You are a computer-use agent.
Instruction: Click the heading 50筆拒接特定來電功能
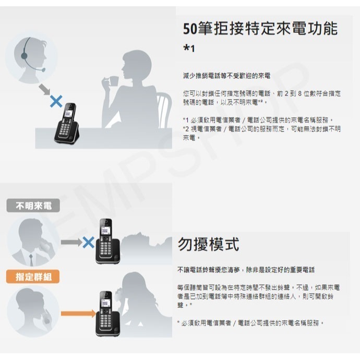pos(260,28)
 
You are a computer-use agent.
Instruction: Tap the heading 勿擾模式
pos(208,244)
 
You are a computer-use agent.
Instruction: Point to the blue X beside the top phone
pos(55,101)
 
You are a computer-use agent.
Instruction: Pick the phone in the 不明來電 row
pos(106,241)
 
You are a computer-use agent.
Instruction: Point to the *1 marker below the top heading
pos(189,49)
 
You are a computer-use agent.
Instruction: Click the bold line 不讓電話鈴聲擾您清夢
pos(246,270)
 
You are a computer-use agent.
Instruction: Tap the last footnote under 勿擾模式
pos(250,323)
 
